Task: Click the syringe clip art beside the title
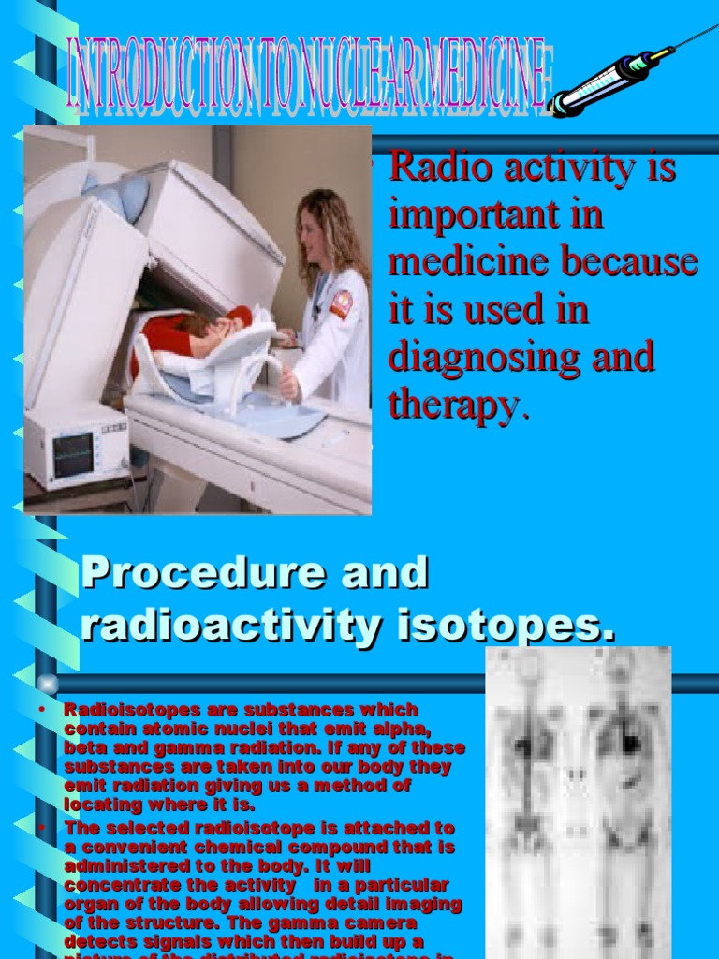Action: (613, 77)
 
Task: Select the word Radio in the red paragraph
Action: (431, 169)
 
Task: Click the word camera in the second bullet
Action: (374, 922)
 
